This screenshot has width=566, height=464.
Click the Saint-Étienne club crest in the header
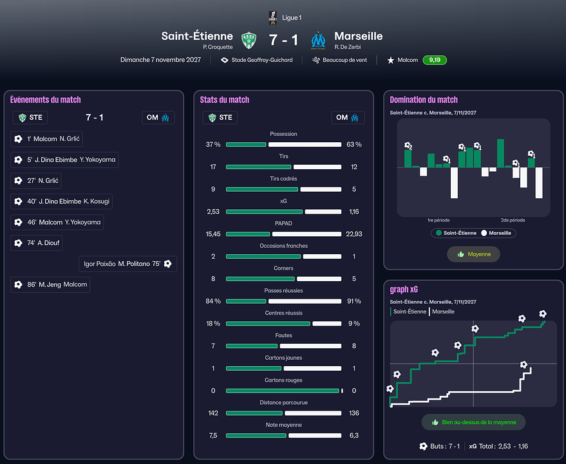point(249,40)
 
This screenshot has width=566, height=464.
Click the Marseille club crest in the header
point(318,40)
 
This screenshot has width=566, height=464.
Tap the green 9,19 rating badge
point(435,60)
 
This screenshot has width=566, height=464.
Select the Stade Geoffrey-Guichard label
point(257,60)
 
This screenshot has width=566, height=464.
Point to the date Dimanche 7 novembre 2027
point(160,60)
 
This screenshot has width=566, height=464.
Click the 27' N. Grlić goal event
point(37,181)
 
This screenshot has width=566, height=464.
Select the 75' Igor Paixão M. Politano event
point(127,264)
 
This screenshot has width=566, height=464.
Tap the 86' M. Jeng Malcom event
point(50,284)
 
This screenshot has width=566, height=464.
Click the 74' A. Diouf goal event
point(37,243)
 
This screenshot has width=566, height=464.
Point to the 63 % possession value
point(354,145)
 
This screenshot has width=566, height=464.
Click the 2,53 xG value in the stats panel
point(213,212)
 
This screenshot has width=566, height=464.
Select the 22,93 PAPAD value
point(354,234)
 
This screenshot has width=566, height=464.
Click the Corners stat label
point(283,268)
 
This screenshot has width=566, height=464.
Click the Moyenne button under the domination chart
point(473,254)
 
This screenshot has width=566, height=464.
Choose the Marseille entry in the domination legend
point(498,233)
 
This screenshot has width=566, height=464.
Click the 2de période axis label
point(513,220)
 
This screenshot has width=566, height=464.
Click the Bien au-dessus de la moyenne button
point(473,423)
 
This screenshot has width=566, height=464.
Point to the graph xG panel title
point(404,290)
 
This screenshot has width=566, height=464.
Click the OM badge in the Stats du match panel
point(348,118)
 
